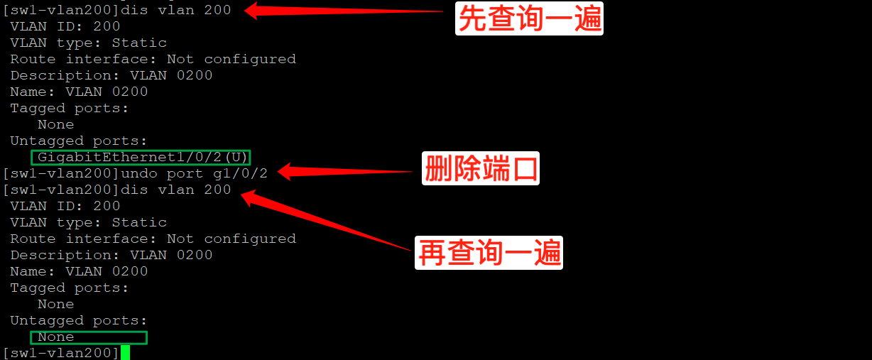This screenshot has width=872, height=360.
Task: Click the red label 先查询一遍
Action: pyautogui.click(x=529, y=19)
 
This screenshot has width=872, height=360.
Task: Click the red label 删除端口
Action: pyautogui.click(x=481, y=169)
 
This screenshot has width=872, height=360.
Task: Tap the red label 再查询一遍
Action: pyautogui.click(x=489, y=253)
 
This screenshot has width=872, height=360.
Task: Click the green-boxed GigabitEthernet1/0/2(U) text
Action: pyautogui.click(x=141, y=157)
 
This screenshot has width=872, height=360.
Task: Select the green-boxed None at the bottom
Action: pyautogui.click(x=89, y=337)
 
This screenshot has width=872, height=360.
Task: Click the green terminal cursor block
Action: pyautogui.click(x=125, y=352)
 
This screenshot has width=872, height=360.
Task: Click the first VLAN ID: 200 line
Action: pyautogui.click(x=65, y=26)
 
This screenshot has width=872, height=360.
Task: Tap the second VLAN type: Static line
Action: pyautogui.click(x=88, y=222)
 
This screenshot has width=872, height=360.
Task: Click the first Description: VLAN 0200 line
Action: pyautogui.click(x=111, y=75)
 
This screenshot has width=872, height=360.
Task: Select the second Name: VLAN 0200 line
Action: pyautogui.click(x=79, y=271)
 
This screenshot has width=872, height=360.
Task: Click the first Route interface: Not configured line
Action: pyautogui.click(x=153, y=59)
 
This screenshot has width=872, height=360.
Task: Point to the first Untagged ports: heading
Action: pyautogui.click(x=78, y=141)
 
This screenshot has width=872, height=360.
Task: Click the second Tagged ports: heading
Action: pyautogui.click(x=69, y=288)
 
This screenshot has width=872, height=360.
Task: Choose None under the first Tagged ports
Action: pyautogui.click(x=55, y=124)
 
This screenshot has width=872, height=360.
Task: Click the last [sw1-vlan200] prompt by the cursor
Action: pyautogui.click(x=60, y=353)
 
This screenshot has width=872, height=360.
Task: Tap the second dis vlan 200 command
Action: pyautogui.click(x=176, y=190)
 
